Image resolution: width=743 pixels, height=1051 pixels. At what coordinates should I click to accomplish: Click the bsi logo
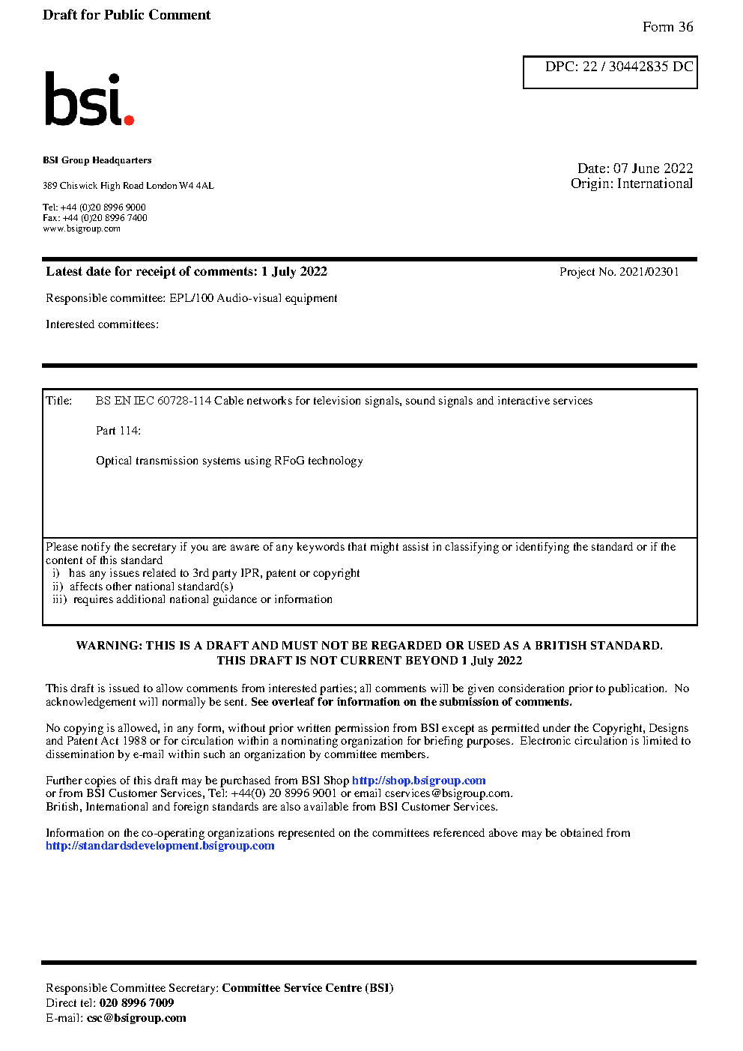pyautogui.click(x=88, y=100)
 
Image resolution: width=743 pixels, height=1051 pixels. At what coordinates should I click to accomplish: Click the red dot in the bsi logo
pyautogui.click(x=129, y=119)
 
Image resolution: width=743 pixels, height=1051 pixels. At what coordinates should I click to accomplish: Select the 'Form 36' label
pyautogui.click(x=667, y=27)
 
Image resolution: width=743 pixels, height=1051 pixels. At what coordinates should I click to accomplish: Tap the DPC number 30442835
pyautogui.click(x=638, y=67)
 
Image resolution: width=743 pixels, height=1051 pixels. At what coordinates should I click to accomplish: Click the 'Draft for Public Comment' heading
pyautogui.click(x=127, y=15)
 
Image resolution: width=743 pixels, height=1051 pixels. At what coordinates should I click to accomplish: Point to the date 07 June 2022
pyautogui.click(x=653, y=169)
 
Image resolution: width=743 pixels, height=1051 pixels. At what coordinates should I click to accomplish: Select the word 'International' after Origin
pyautogui.click(x=655, y=184)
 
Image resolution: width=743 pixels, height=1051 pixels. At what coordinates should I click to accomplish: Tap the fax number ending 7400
pyautogui.click(x=105, y=218)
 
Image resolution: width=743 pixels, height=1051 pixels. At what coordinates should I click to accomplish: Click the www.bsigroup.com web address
pyautogui.click(x=82, y=228)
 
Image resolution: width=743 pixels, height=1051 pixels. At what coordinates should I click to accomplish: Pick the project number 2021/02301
pyautogui.click(x=649, y=272)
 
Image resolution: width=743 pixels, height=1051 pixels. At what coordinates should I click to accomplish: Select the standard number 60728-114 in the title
pyautogui.click(x=184, y=401)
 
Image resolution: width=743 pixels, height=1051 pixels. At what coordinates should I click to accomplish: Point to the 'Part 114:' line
pyautogui.click(x=118, y=431)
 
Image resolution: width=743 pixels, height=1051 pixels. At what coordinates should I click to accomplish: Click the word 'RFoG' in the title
pyautogui.click(x=289, y=461)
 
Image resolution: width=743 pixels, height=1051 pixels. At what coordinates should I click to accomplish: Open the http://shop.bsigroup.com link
pyautogui.click(x=419, y=781)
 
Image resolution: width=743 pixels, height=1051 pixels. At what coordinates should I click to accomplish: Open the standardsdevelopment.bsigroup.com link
pyautogui.click(x=160, y=846)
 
